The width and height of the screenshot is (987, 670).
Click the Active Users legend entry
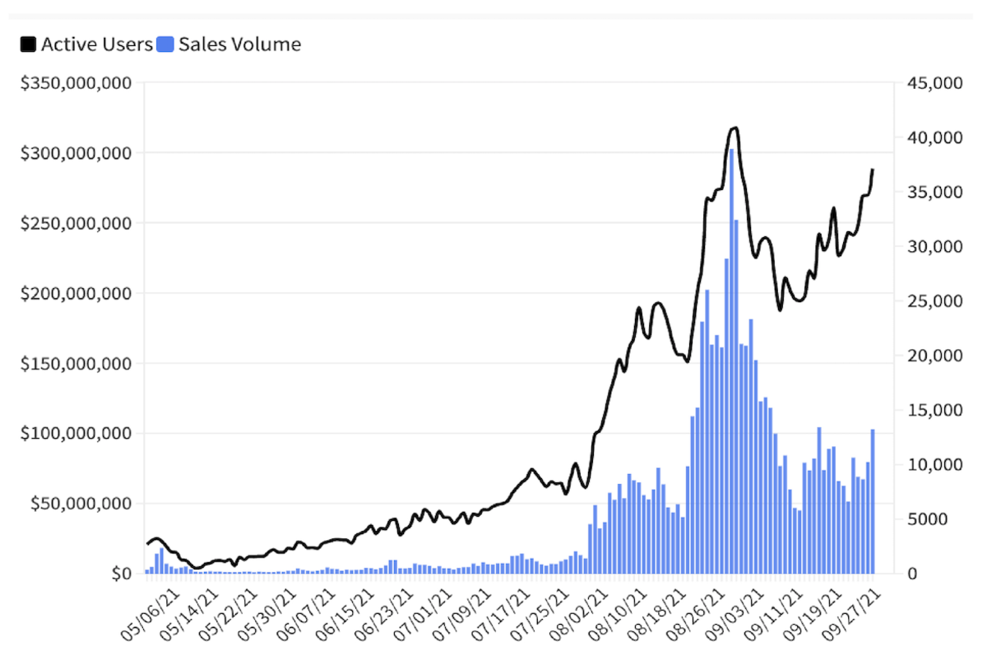coord(96,44)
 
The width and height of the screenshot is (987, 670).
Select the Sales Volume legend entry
coord(239,44)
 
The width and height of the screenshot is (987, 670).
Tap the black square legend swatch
coord(29,44)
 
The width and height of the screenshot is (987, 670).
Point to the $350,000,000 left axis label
coord(76,83)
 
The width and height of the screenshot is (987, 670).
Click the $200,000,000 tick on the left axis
coord(76,293)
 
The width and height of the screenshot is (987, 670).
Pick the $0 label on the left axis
coord(121,573)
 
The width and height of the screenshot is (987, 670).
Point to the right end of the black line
coord(873,170)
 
